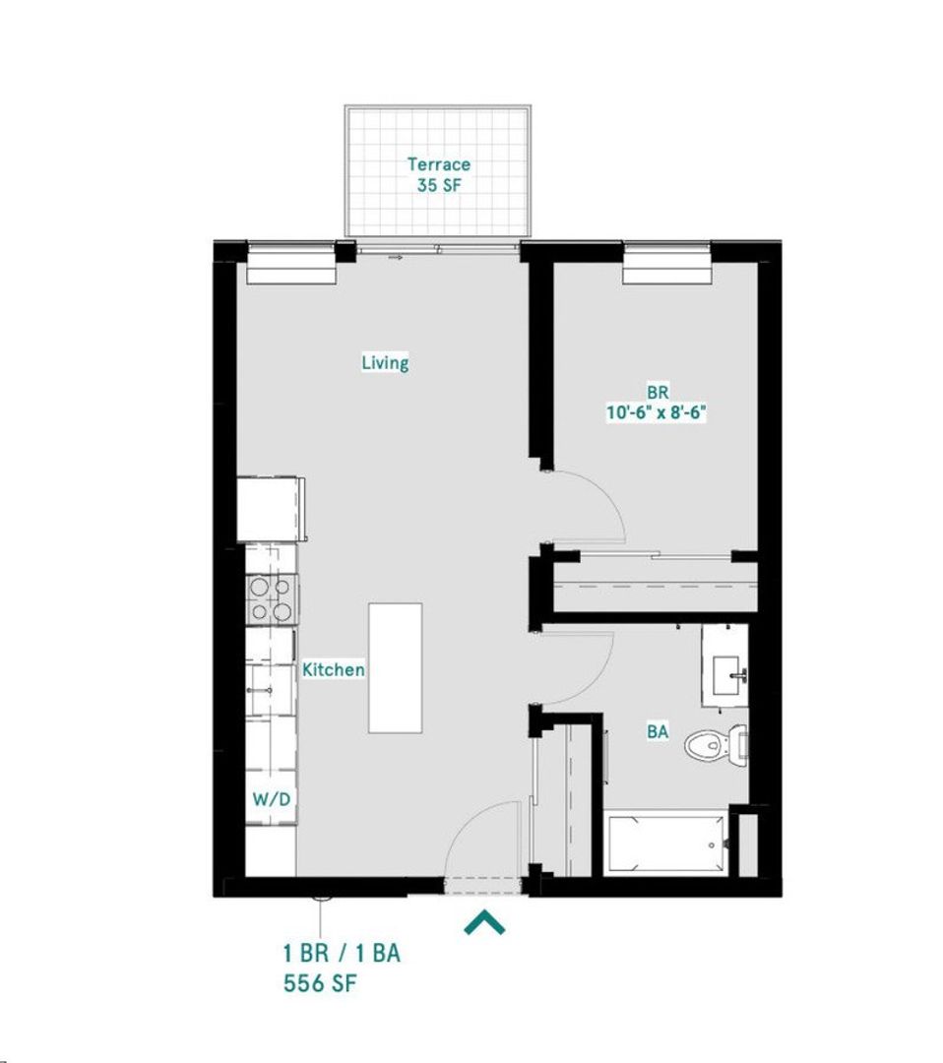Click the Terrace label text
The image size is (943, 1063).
point(439,164)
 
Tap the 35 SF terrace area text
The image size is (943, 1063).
point(439,184)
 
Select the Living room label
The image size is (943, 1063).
point(385,362)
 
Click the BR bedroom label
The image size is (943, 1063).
point(658,391)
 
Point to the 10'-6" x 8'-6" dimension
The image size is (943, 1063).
point(658,412)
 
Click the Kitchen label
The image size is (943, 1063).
point(334,669)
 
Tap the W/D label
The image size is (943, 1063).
point(271,798)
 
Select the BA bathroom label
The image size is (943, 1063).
point(659,731)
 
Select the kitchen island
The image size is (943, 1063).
point(396,667)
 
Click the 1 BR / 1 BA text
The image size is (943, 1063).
point(342,953)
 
